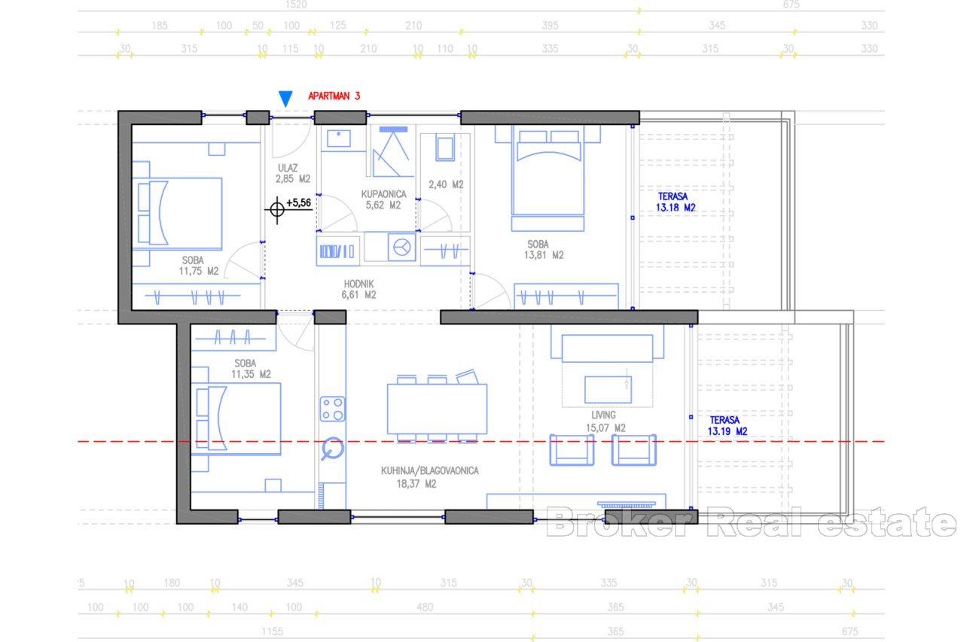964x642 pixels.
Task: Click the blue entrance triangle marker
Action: (285, 99)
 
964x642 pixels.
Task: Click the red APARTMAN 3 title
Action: (334, 96)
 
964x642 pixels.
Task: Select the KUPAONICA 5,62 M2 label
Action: (383, 199)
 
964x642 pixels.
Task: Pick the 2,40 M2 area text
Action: (446, 184)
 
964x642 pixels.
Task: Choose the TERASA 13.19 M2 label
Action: (728, 426)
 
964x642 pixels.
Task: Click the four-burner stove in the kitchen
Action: (332, 409)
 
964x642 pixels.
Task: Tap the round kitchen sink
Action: (331, 450)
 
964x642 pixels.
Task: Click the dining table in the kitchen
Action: (437, 409)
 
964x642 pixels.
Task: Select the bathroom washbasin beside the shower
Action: (341, 140)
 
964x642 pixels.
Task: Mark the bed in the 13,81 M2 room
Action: (548, 177)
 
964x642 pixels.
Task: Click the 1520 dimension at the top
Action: (297, 5)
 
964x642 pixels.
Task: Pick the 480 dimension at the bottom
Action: (425, 607)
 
